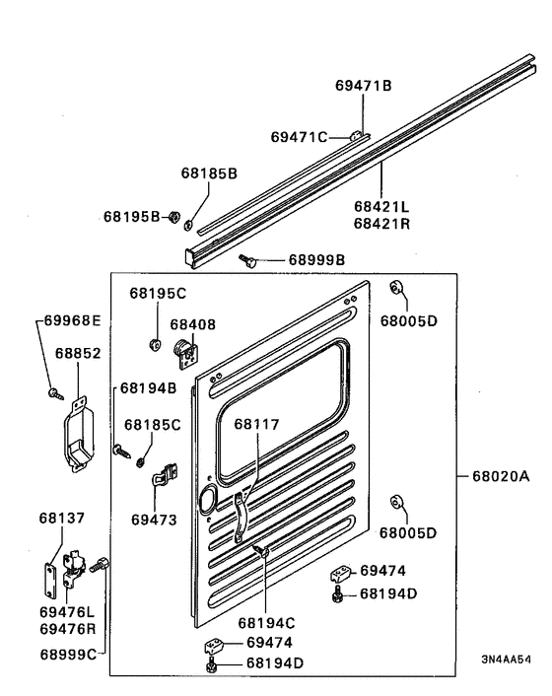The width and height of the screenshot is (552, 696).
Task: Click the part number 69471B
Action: pos(364,86)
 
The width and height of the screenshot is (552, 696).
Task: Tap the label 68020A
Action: pos(500,476)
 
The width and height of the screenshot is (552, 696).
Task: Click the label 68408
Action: pos(192,323)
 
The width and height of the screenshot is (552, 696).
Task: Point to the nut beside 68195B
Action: pos(172,216)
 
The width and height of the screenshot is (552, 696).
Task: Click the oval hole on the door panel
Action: pos(207,499)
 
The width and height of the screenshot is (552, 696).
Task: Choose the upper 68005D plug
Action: pos(394,289)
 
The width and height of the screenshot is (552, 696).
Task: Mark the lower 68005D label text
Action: pos(408,532)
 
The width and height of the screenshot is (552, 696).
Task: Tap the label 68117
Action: pos(256,425)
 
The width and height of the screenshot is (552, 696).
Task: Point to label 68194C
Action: pos(266,622)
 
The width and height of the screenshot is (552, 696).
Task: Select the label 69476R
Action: pos(67,628)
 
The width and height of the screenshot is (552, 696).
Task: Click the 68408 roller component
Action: pos(184,348)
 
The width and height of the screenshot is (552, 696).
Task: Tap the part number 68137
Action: pos(61,518)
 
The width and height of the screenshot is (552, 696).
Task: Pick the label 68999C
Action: pos(67,654)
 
